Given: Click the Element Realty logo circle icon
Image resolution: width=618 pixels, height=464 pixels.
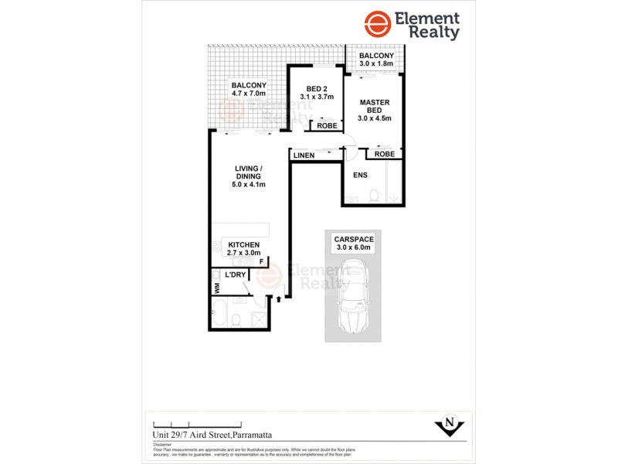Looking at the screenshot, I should tap(377, 25).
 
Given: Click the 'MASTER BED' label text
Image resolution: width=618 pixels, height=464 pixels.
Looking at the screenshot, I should tap(375, 107).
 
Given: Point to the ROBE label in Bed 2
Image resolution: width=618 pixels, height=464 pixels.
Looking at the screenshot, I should tap(324, 125).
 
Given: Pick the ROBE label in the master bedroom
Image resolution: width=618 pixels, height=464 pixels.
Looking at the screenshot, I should tap(384, 154).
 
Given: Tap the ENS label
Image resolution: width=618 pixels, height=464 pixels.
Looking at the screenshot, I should tap(359, 176).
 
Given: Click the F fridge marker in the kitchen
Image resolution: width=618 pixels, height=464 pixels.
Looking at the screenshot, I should tap(262, 262).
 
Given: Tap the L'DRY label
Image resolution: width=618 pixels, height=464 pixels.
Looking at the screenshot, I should tap(235, 275).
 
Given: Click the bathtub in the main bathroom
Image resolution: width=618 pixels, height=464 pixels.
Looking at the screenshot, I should tap(218, 318).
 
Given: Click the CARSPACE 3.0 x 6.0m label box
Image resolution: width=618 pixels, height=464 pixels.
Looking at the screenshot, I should tap(354, 244).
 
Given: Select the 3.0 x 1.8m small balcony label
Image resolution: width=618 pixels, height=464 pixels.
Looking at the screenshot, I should tap(375, 61).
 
